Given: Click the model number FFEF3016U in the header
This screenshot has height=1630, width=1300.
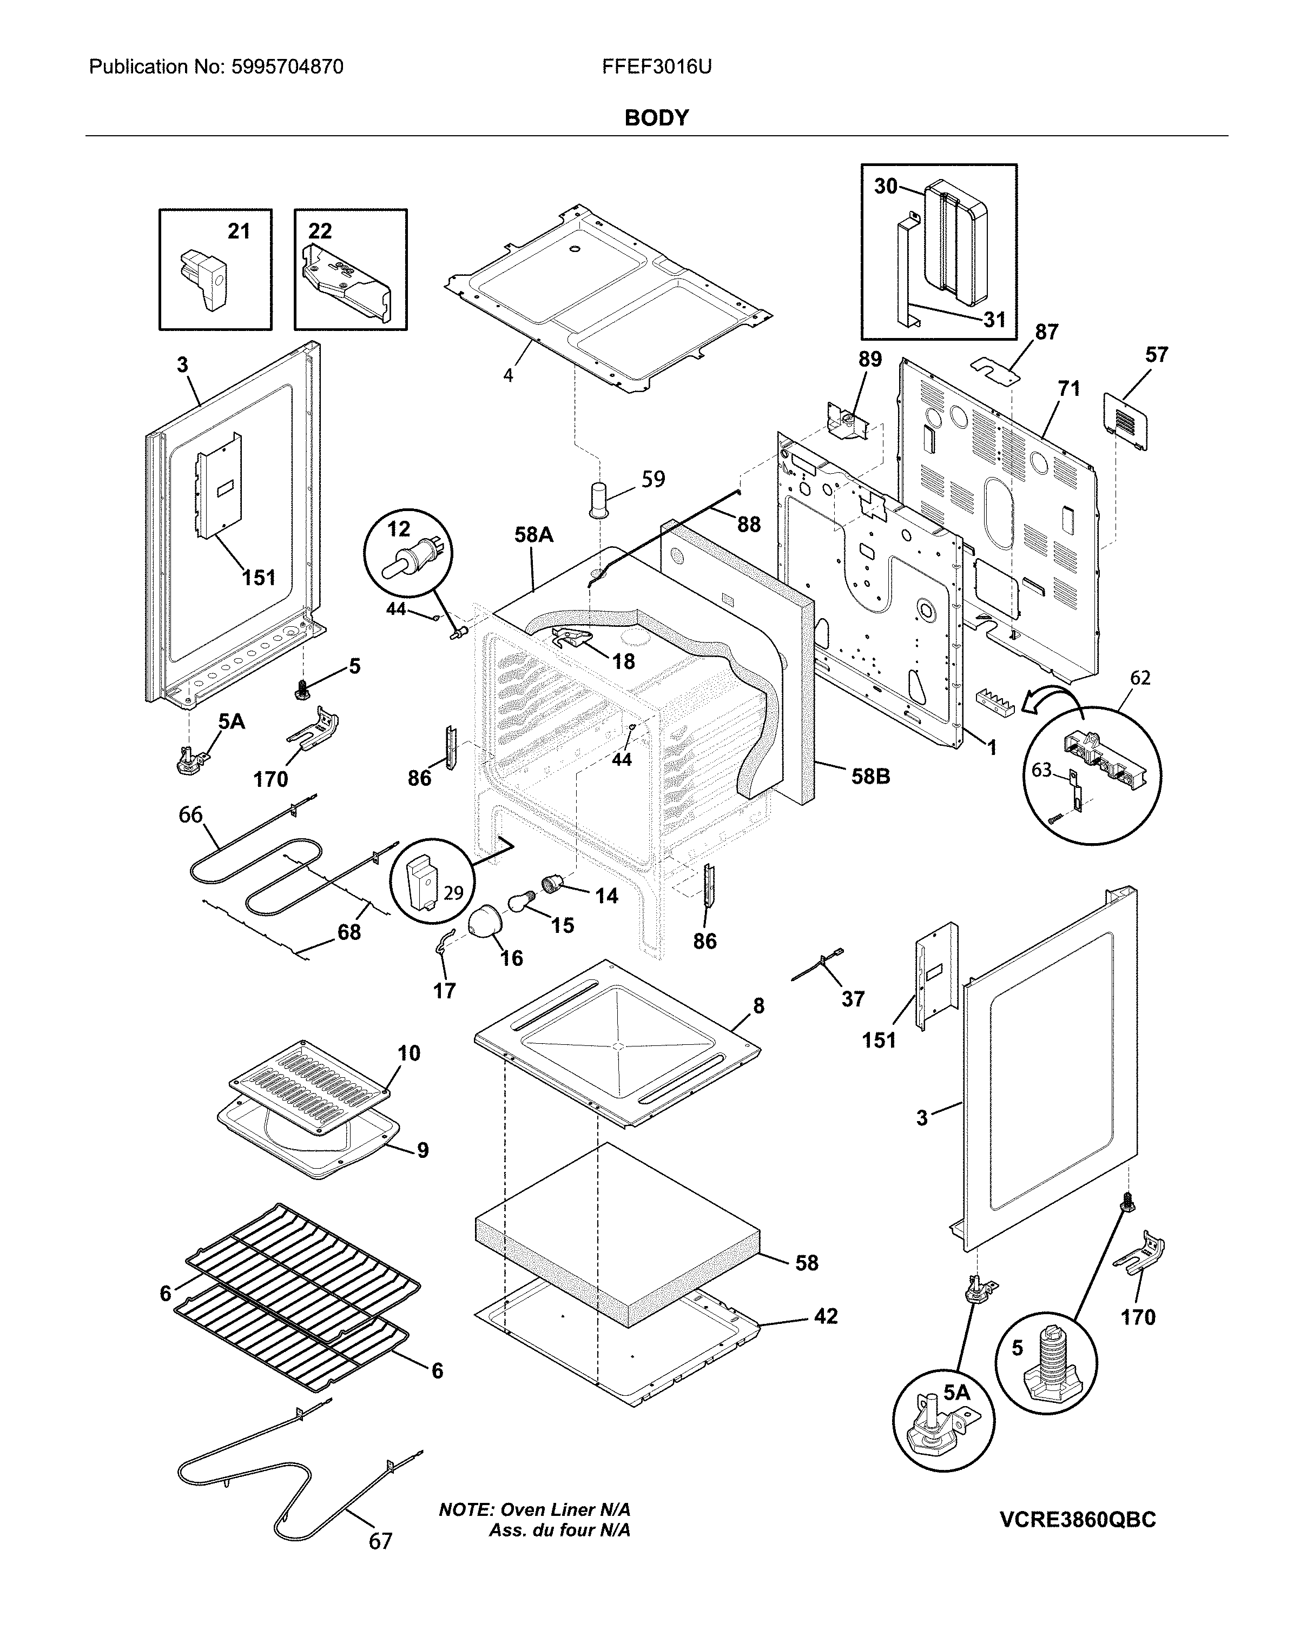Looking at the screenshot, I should click(656, 67).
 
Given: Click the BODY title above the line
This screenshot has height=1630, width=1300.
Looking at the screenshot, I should click(656, 118).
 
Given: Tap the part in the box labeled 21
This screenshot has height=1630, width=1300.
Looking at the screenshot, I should click(203, 281).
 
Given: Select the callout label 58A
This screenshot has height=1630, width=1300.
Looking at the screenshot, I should click(533, 535).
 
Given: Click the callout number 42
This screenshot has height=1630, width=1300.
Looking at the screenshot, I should click(826, 1316).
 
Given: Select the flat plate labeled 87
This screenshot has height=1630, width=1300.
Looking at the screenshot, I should click(994, 370).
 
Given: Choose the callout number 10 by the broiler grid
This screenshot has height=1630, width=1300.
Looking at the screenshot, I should click(408, 1052).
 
